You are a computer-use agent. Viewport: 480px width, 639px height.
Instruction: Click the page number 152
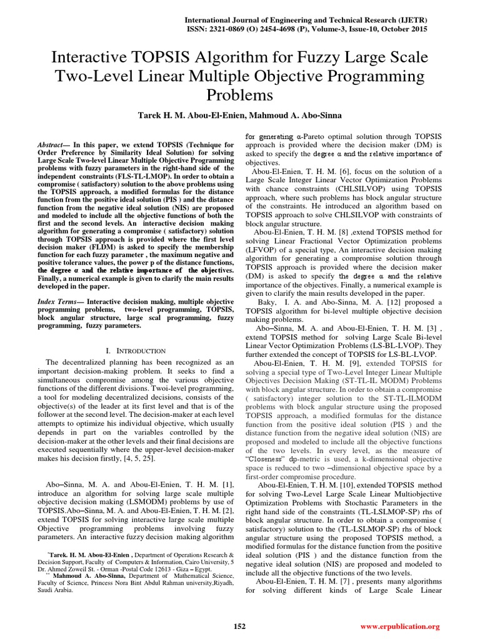(x=239, y=626)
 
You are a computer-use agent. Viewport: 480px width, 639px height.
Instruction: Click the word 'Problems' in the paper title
(x=239, y=95)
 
